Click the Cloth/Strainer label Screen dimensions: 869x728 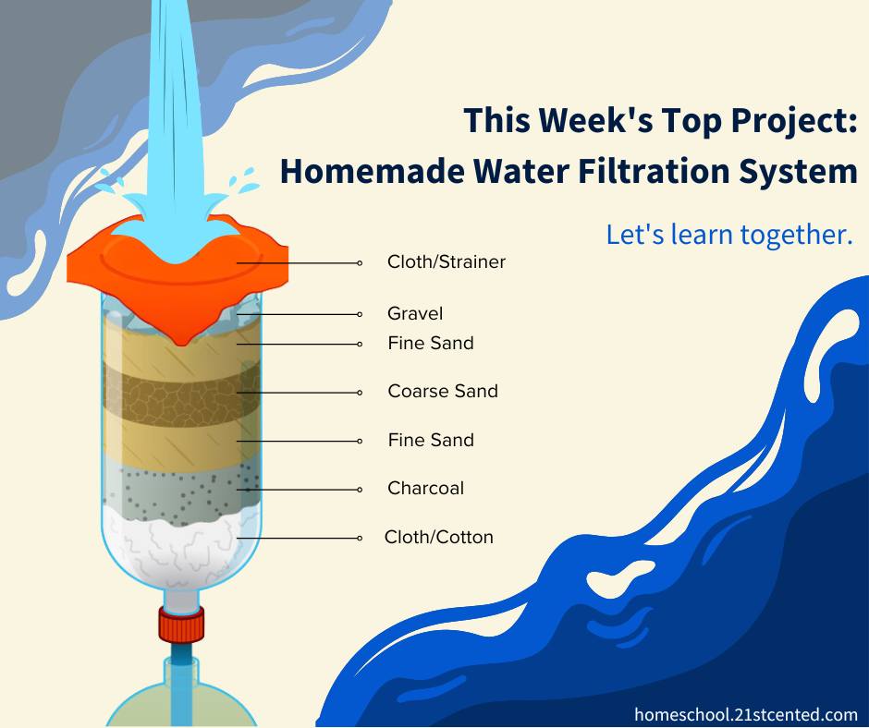pos(447,261)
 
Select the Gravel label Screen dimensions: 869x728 pos(415,313)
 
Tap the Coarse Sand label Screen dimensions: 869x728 pos(443,391)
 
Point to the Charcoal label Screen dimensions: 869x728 pos(425,488)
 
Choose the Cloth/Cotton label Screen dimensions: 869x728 pos(438,537)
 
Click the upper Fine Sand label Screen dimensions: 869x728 pos(431,343)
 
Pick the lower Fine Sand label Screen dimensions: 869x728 pos(431,440)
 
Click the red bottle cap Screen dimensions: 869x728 pos(180,625)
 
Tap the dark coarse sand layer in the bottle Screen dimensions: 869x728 pos(181,394)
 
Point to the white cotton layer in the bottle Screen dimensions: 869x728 pos(181,546)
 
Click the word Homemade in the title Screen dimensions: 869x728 pos(373,171)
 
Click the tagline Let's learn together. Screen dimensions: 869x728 pos(728,235)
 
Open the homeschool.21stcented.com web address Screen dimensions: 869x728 pos(745,715)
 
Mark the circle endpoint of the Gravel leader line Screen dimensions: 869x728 pos(360,315)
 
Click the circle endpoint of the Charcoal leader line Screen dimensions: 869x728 pos(360,490)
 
